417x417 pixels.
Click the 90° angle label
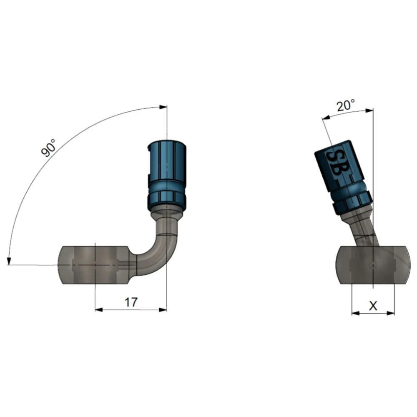click(x=48, y=148)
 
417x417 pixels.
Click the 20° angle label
click(x=346, y=106)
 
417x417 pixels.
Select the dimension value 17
click(x=131, y=302)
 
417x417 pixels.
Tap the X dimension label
click(x=373, y=306)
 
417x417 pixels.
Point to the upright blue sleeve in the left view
click(x=167, y=176)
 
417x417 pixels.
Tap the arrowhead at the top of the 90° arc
click(x=163, y=107)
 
